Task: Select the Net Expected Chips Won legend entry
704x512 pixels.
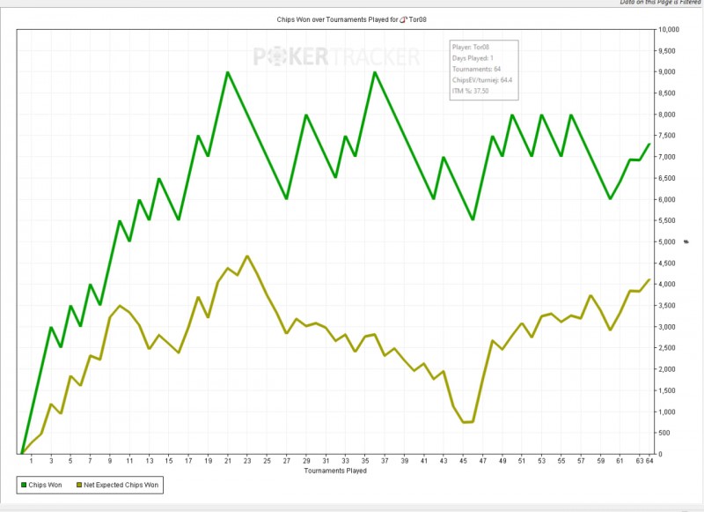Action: [x=118, y=485]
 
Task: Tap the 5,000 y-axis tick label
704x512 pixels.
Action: [x=667, y=242]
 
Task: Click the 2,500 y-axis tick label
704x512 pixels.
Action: [x=667, y=348]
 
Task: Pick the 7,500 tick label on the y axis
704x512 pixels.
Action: [x=667, y=136]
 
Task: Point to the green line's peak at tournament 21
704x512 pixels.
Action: [x=228, y=72]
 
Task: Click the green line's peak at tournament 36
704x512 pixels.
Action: [x=375, y=72]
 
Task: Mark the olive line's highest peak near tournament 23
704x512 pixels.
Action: [x=247, y=256]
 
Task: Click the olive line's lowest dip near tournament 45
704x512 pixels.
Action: [x=464, y=422]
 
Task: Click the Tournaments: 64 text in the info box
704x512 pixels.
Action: [x=476, y=70]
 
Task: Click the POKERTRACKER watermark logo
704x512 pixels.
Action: [x=336, y=57]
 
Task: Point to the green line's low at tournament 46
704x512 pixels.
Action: [x=473, y=219]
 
